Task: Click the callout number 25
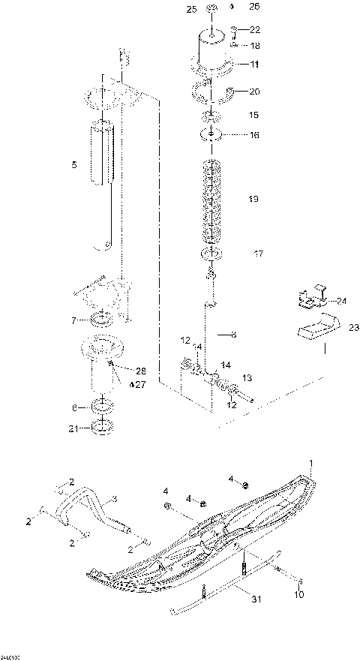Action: point(190,8)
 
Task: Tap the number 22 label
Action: point(256,30)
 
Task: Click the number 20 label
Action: point(254,92)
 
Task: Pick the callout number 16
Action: point(254,136)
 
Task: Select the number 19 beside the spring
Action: point(253,199)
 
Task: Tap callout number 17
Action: point(258,254)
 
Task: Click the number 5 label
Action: point(73,164)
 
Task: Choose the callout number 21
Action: point(73,428)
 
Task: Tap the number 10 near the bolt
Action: point(299,596)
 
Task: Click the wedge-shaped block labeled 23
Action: point(313,327)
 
